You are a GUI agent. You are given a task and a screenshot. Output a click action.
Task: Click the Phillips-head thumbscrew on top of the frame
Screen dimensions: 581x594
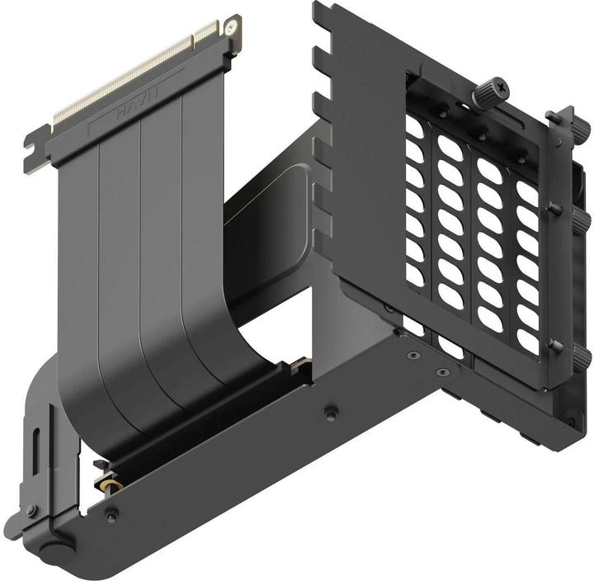coord(486,88)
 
